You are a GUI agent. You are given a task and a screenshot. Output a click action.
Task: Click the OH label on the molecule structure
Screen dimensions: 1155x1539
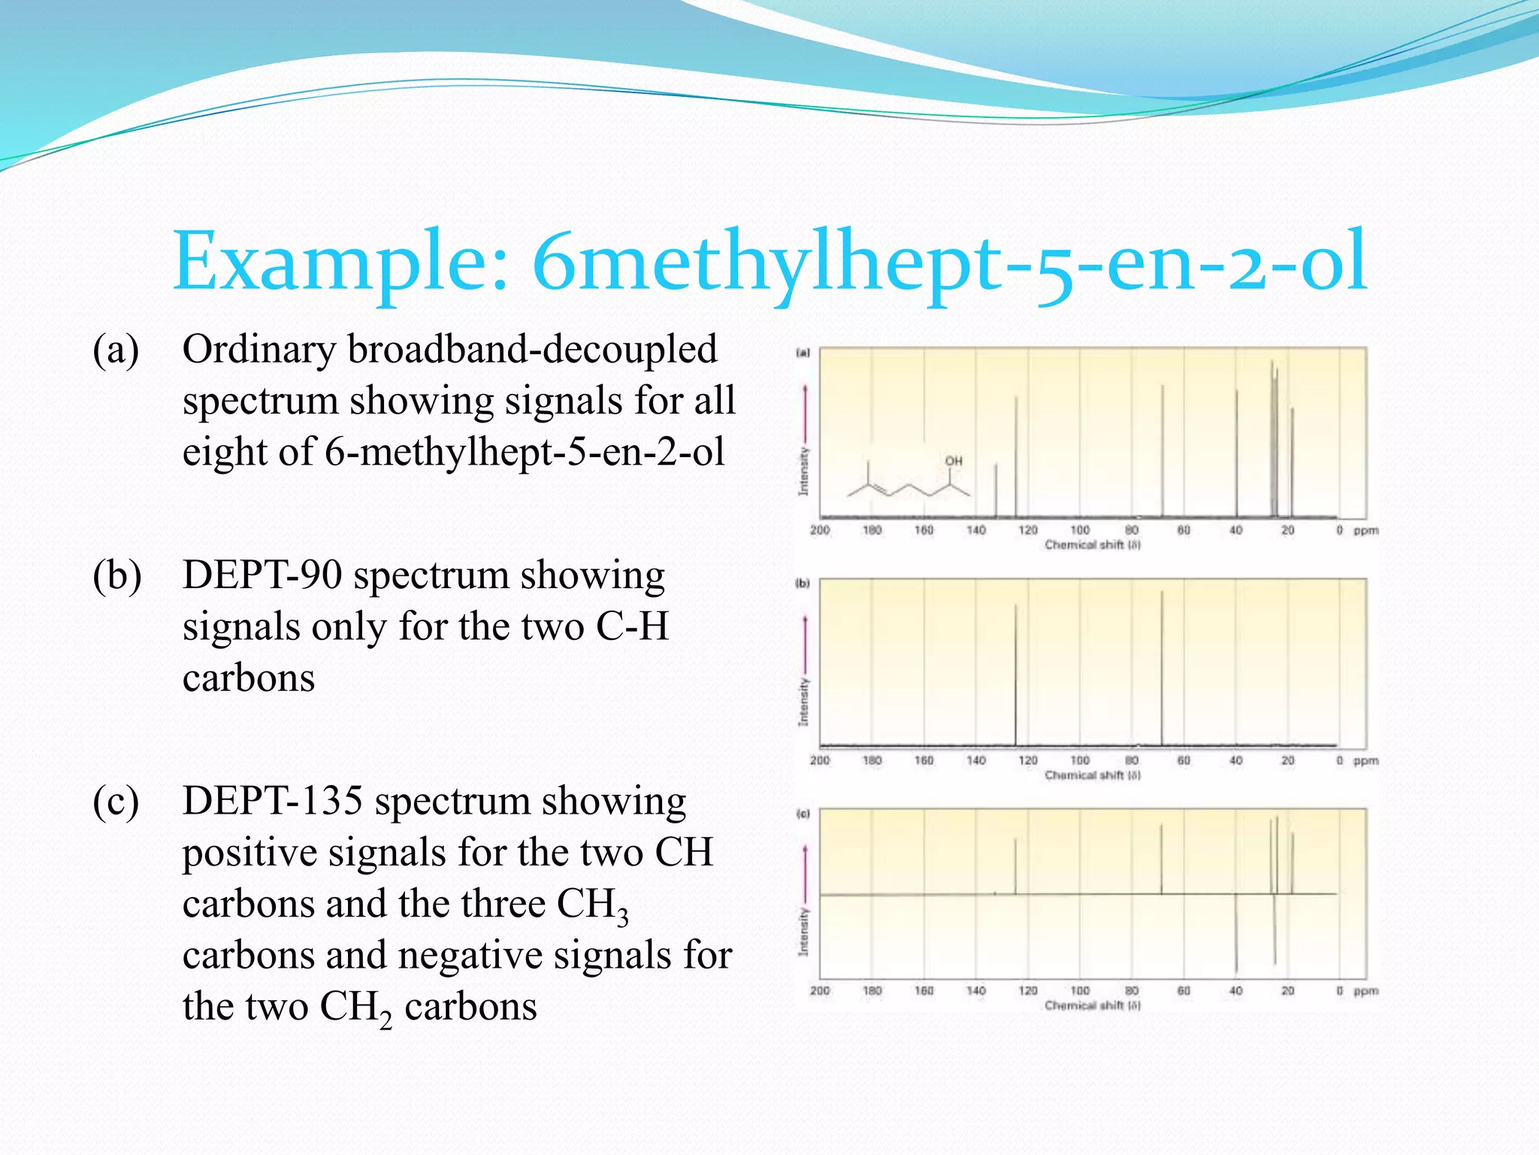tap(954, 461)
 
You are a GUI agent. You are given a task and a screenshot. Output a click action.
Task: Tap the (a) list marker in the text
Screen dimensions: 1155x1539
tap(116, 350)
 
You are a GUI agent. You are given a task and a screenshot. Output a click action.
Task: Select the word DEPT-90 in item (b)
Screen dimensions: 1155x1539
tap(262, 576)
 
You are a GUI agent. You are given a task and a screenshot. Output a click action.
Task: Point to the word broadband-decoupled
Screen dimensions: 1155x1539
tap(532, 350)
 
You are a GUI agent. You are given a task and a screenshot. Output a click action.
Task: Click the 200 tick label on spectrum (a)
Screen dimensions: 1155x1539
tap(820, 531)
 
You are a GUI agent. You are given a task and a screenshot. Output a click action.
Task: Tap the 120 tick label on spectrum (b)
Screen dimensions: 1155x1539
tap(1027, 761)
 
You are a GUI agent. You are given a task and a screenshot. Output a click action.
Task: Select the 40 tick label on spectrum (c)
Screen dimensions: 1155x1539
tap(1235, 991)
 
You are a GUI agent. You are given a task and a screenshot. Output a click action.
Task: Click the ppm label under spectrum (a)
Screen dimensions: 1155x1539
tap(1365, 531)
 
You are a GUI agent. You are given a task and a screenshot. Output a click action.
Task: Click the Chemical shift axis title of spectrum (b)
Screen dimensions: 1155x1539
tap(1092, 775)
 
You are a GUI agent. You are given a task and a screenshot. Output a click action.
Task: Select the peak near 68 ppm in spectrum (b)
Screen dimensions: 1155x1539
tap(1162, 669)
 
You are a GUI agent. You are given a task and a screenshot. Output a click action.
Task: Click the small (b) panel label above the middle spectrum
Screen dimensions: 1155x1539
tap(803, 583)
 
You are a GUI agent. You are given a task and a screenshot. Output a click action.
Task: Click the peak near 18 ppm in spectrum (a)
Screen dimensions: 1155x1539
tap(1293, 462)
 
